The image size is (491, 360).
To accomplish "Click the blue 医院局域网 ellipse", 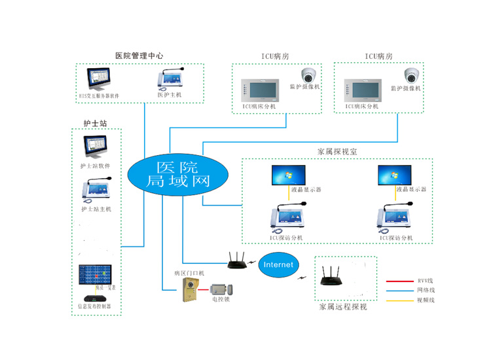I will pyautogui.click(x=177, y=173).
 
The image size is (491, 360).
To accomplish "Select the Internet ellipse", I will pyautogui.click(x=279, y=264).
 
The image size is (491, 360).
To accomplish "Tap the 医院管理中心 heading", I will pyautogui.click(x=139, y=56).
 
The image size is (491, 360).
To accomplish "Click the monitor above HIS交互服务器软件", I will pyautogui.click(x=100, y=79).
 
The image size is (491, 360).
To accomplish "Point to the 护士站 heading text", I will pyautogui.click(x=94, y=122).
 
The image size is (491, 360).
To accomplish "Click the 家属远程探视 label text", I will pyautogui.click(x=343, y=306).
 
